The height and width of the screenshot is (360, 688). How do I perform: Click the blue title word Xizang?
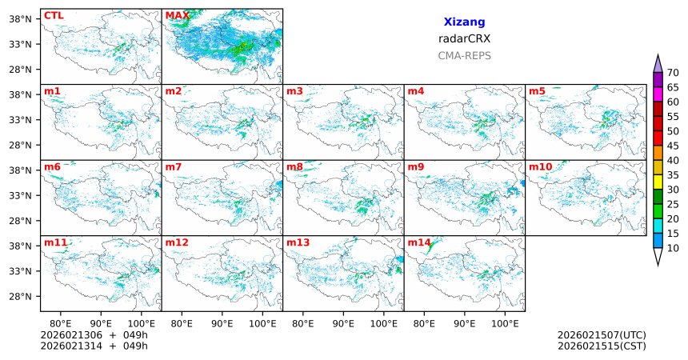click(x=464, y=22)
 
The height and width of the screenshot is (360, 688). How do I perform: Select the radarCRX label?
click(x=464, y=38)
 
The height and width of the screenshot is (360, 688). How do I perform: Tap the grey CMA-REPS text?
click(x=464, y=56)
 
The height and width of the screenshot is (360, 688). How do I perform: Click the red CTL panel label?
click(x=54, y=15)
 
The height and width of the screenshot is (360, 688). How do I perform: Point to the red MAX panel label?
click(x=177, y=15)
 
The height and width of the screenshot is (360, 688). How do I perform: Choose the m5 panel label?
click(x=537, y=91)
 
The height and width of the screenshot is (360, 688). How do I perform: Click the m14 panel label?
click(x=418, y=242)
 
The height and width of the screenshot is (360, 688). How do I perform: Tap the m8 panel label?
click(x=294, y=166)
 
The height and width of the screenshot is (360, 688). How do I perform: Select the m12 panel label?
click(x=177, y=242)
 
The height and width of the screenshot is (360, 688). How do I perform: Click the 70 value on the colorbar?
click(x=673, y=73)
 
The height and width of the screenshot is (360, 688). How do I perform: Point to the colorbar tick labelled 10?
click(x=673, y=249)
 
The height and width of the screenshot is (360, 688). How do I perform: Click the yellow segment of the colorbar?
click(x=658, y=182)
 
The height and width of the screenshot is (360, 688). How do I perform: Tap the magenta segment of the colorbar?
click(x=658, y=94)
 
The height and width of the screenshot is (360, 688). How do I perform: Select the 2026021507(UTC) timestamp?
click(x=602, y=334)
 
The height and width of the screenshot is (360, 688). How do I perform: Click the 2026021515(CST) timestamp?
click(x=602, y=346)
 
